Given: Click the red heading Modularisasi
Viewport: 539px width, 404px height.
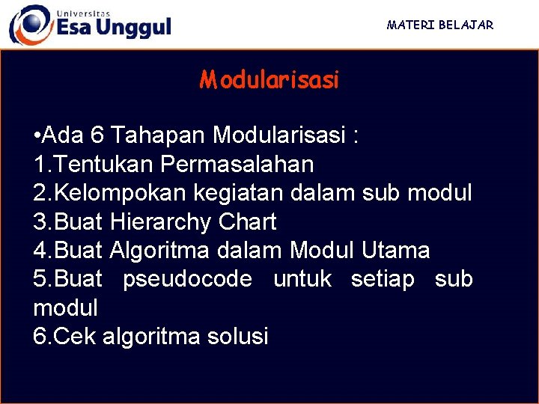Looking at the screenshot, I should click(x=269, y=79).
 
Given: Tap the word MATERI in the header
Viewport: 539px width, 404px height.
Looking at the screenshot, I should click(x=410, y=25).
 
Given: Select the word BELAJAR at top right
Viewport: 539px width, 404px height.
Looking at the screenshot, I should click(x=466, y=25).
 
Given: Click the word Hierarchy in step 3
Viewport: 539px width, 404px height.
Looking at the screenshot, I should click(x=161, y=221).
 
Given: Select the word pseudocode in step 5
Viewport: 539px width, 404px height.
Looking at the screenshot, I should click(x=187, y=279).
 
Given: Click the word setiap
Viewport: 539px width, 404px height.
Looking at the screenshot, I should click(x=383, y=279).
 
